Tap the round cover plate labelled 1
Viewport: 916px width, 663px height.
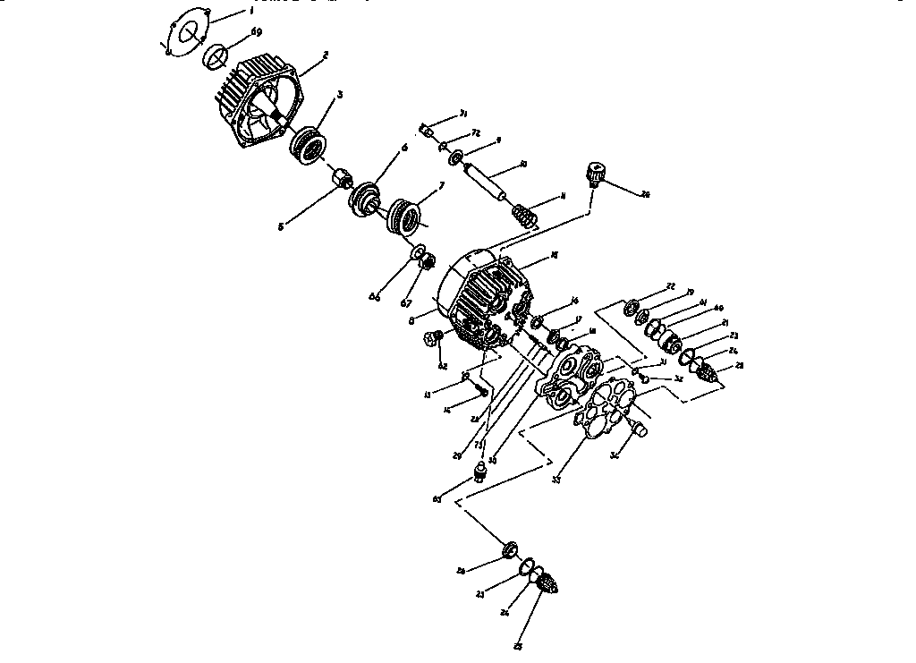188,34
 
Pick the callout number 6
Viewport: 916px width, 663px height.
404,148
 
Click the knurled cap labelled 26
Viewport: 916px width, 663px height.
596,172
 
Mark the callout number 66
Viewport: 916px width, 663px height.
375,296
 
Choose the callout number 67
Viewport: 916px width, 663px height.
405,302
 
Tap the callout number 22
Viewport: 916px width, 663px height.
670,285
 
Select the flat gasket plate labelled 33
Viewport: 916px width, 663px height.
607,411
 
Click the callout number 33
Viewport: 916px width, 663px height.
556,480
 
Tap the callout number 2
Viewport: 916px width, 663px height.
326,55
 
